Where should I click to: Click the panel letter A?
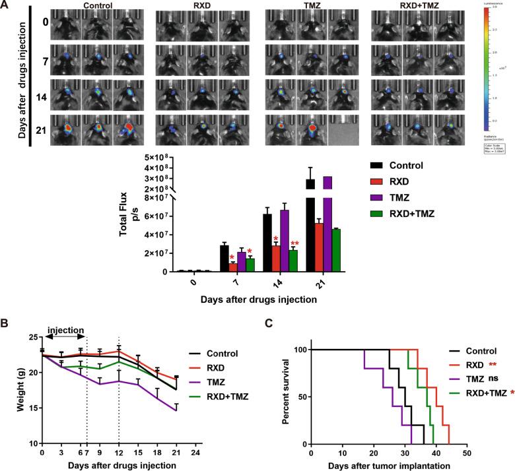point(6,6)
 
